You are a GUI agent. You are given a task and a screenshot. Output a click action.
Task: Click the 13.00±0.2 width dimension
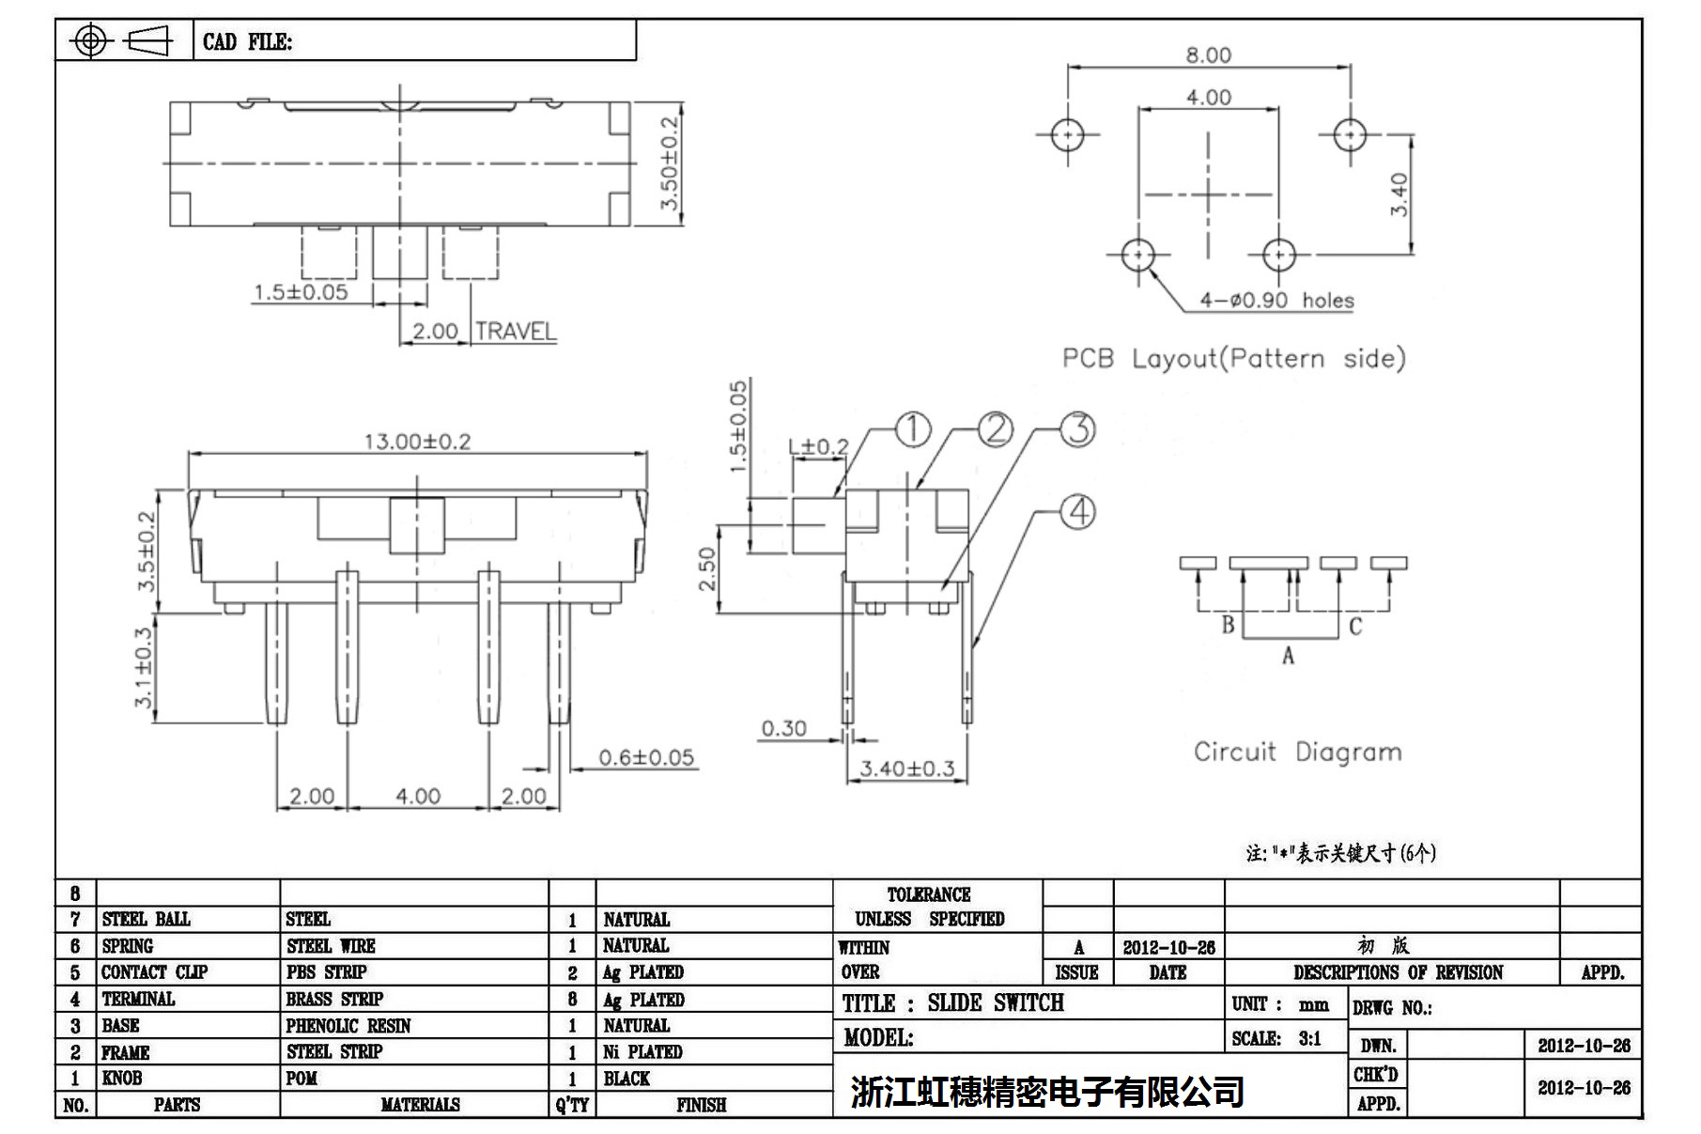coord(417,441)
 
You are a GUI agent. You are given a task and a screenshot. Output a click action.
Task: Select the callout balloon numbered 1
coord(912,429)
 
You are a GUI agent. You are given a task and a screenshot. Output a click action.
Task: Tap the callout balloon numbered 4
coord(1077,512)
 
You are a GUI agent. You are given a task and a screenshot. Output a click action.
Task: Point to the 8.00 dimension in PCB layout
coord(1208,54)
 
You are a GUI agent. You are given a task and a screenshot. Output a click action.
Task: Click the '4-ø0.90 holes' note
coord(1276,301)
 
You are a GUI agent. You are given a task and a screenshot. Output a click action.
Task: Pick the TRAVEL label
coord(516,331)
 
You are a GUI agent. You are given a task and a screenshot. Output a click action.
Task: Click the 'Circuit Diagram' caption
coord(1297,752)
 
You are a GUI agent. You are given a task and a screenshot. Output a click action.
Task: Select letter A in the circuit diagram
coord(1288,656)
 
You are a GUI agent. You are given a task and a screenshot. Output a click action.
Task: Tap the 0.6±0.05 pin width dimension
coord(646,757)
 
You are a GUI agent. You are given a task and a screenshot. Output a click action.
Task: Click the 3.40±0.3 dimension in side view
coord(907,769)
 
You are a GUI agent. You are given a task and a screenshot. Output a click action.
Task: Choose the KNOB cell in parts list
coord(122,1078)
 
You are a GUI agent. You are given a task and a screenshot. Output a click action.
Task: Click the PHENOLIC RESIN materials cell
coord(348,1025)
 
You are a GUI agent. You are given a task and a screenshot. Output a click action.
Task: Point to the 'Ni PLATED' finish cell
coord(642,1051)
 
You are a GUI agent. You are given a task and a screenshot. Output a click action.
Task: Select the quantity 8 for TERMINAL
coord(572,999)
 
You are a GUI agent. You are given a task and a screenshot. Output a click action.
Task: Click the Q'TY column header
coord(572,1105)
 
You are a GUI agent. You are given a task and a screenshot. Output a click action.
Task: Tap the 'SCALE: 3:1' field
coord(1276,1038)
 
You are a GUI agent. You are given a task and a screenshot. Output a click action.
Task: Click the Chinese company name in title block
coord(1047,1092)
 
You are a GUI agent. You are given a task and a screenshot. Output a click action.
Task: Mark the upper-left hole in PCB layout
coord(1068,135)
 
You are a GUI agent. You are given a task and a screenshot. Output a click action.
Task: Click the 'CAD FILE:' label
coord(247,41)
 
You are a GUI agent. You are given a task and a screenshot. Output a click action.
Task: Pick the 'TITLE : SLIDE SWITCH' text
coord(952,1003)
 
